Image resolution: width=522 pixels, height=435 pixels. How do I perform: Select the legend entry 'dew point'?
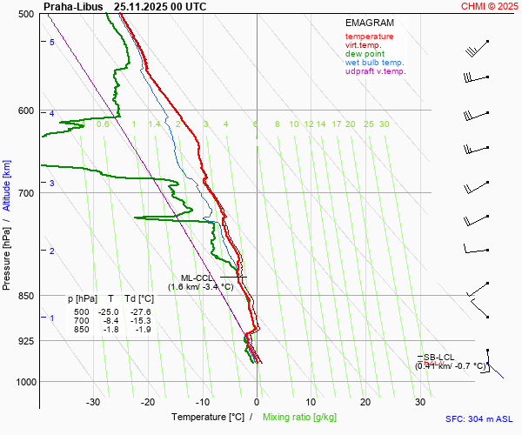[x=365, y=54]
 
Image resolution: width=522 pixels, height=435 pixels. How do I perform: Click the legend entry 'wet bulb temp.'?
[x=374, y=63]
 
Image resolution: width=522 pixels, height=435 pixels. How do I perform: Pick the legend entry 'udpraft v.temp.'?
[x=375, y=71]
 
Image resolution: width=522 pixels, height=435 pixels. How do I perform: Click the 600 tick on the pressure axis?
[x=26, y=110]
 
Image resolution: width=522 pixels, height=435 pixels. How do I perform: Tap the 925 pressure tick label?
[x=26, y=341]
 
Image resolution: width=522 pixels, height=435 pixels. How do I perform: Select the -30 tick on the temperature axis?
[x=93, y=402]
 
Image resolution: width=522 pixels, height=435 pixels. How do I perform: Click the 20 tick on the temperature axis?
[x=365, y=402]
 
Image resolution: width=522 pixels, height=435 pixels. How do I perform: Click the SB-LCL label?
[x=439, y=358]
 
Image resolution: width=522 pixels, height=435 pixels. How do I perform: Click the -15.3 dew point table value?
[x=140, y=320]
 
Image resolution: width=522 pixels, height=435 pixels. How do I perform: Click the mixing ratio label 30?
[x=384, y=124]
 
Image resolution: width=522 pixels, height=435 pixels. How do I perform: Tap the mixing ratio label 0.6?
[x=103, y=124]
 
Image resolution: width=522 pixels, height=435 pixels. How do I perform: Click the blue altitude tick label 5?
[x=51, y=42]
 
